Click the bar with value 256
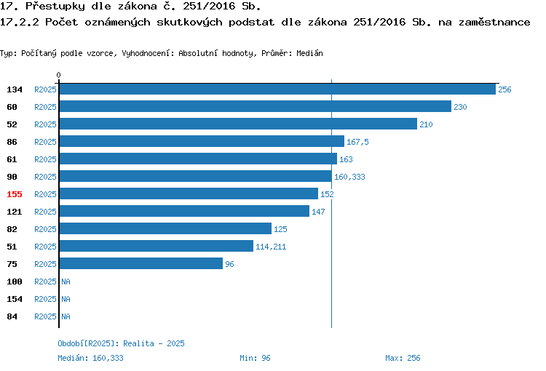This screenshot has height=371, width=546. click(x=277, y=89)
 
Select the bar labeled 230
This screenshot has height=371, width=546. click(x=256, y=106)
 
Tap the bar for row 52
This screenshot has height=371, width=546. click(x=238, y=124)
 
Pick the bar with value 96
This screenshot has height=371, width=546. click(x=141, y=263)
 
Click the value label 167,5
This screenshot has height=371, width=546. click(x=357, y=142)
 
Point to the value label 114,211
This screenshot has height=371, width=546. click(x=271, y=247)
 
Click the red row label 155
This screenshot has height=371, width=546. click(x=15, y=194)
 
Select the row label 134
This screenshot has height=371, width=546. click(x=15, y=89)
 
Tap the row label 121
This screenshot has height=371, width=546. click(x=15, y=212)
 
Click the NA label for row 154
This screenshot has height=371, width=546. click(x=66, y=299)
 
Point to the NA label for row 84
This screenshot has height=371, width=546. click(x=66, y=316)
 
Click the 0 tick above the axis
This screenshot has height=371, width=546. click(x=58, y=75)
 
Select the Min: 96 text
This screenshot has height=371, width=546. click(x=255, y=358)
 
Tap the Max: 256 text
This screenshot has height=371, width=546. click(x=403, y=358)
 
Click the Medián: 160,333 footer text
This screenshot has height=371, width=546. click(x=90, y=358)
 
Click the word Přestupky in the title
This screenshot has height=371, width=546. click(x=55, y=7)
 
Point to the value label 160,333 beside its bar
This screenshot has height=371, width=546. click(x=349, y=177)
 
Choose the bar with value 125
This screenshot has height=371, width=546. click(x=165, y=228)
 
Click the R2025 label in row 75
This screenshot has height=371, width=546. click(x=45, y=264)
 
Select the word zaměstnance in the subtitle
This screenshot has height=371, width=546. click(x=494, y=23)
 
